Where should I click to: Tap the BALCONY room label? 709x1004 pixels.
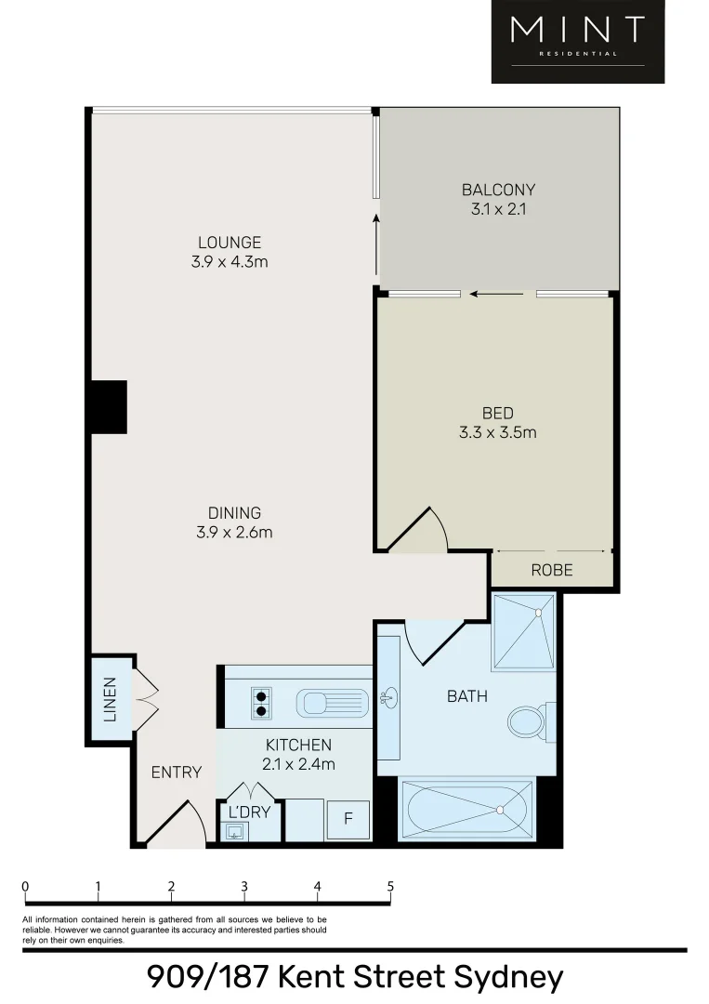click(x=498, y=190)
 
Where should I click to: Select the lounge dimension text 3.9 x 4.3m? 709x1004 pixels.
click(x=230, y=262)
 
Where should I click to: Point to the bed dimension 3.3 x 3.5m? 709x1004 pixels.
click(x=497, y=432)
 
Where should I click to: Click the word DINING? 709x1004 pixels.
click(x=234, y=512)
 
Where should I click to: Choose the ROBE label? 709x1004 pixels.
click(x=552, y=570)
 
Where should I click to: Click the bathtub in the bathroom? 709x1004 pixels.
click(x=466, y=808)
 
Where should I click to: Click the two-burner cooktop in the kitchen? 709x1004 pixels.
click(x=262, y=703)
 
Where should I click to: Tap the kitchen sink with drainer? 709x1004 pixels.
click(x=332, y=703)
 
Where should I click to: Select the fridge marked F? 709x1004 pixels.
click(x=349, y=819)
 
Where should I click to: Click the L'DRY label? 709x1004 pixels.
click(x=248, y=812)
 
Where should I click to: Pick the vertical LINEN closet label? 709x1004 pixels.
click(x=111, y=700)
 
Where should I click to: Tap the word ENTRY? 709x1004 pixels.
click(x=177, y=772)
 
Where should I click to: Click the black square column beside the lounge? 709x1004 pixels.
click(x=108, y=406)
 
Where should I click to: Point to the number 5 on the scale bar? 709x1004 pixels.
click(x=390, y=886)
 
